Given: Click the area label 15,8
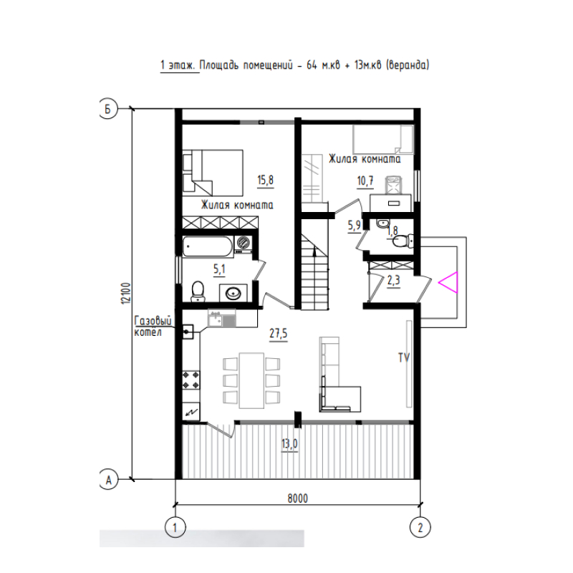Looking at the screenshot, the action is click(265, 180).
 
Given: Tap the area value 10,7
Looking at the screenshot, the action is click(365, 180).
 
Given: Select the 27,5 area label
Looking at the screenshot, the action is click(279, 334).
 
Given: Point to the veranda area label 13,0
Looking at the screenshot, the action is click(289, 444).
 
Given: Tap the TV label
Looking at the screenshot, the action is click(404, 357).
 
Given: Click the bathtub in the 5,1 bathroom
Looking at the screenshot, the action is click(208, 246).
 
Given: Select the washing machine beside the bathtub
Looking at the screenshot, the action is click(243, 244).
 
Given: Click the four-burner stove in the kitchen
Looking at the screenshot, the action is click(191, 380).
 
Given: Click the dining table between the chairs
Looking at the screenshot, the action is click(251, 380).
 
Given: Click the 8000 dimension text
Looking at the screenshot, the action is click(297, 499).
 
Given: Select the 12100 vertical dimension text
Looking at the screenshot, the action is click(126, 293).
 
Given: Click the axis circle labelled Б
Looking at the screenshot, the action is click(108, 109).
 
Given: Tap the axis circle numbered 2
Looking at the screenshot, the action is click(420, 528).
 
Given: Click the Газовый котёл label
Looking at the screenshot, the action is click(153, 327).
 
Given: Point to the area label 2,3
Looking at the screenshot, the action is click(393, 281).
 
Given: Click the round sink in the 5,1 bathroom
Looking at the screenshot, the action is click(233, 294).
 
